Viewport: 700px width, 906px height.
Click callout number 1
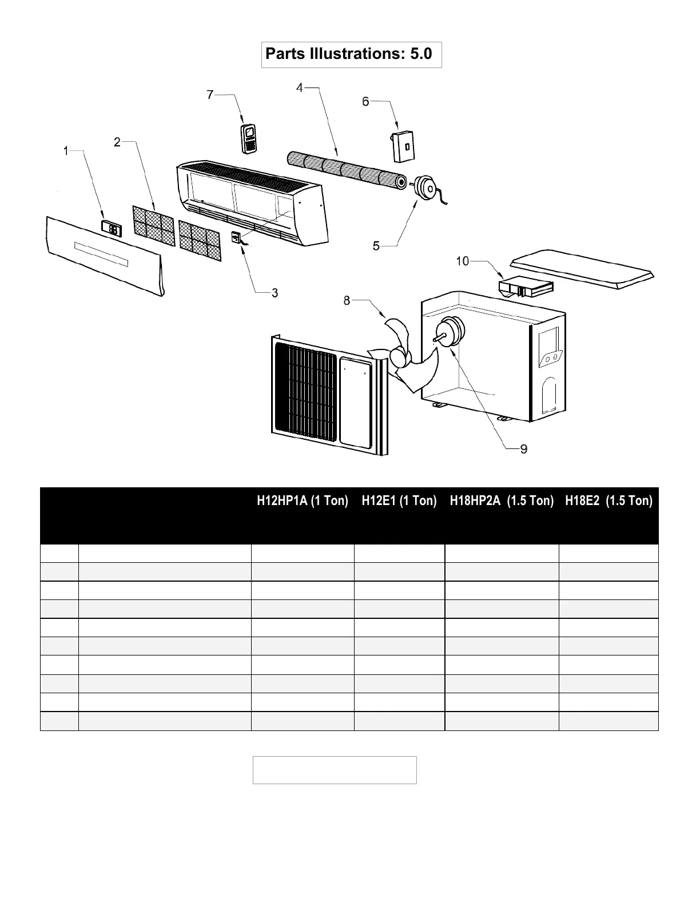tap(66, 151)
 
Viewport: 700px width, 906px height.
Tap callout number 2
tap(117, 142)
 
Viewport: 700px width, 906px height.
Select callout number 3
tap(275, 293)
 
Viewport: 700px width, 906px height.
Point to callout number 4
tap(300, 88)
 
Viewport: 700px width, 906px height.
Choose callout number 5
tap(376, 246)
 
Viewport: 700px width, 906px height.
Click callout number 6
tap(365, 102)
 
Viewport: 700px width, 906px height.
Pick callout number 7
tap(210, 95)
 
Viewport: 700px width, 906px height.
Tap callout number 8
tap(347, 300)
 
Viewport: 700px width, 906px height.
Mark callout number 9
tap(523, 449)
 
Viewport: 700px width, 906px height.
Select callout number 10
tap(462, 261)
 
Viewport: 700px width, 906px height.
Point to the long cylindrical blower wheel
tap(346, 166)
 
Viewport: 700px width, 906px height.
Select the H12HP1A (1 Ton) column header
tap(303, 501)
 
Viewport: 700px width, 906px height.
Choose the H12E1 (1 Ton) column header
tap(399, 501)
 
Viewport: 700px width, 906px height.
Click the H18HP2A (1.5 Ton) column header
tap(502, 501)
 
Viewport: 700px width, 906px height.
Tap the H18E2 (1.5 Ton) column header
tap(608, 501)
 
